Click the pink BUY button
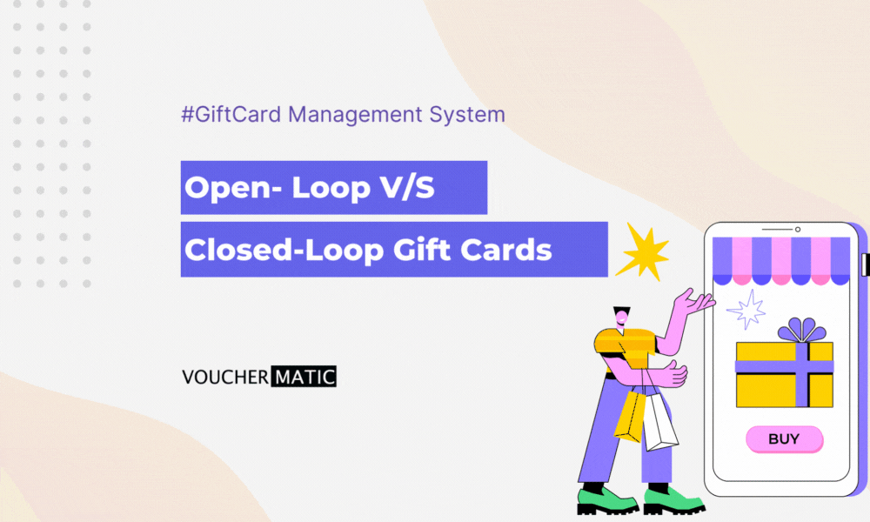coord(784,439)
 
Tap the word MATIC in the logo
coord(304,378)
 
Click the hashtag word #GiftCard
coord(231,114)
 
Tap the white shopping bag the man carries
coord(660,422)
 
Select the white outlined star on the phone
coord(746,308)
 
